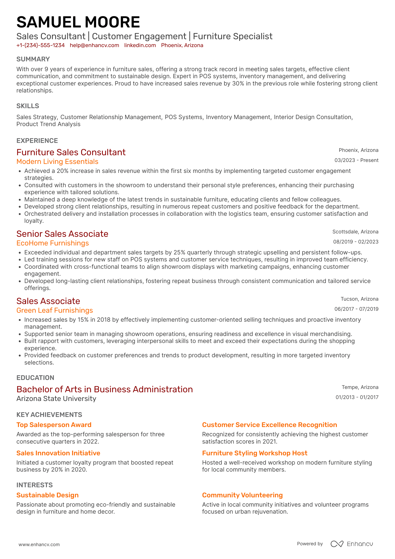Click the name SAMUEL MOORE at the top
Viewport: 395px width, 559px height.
click(x=78, y=22)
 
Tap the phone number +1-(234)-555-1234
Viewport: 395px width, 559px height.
click(x=41, y=45)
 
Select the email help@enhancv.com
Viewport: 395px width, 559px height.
click(x=94, y=45)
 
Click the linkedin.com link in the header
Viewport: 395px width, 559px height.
click(x=140, y=45)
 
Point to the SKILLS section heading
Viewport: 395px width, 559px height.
click(x=28, y=106)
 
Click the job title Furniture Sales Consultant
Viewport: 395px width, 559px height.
click(x=71, y=152)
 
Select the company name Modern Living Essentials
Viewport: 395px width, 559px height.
click(x=57, y=162)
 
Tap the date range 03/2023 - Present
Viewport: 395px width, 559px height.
click(x=356, y=160)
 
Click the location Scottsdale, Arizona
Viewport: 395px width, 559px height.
click(x=355, y=232)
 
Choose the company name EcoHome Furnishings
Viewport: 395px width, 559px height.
click(x=53, y=243)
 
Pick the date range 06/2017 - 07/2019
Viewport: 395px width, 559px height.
click(x=356, y=309)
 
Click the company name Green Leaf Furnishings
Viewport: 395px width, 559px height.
click(x=55, y=310)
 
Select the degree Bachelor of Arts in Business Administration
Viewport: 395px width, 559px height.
click(x=104, y=389)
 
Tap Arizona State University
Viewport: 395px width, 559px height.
click(x=56, y=399)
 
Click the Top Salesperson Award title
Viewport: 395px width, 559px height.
click(x=54, y=425)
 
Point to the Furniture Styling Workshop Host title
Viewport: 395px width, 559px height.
click(x=255, y=453)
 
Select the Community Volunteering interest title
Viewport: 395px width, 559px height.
click(x=242, y=495)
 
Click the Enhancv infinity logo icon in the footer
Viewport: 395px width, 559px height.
click(x=337, y=544)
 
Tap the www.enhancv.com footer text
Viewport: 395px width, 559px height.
click(x=39, y=544)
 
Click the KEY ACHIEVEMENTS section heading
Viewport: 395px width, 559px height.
click(x=49, y=415)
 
